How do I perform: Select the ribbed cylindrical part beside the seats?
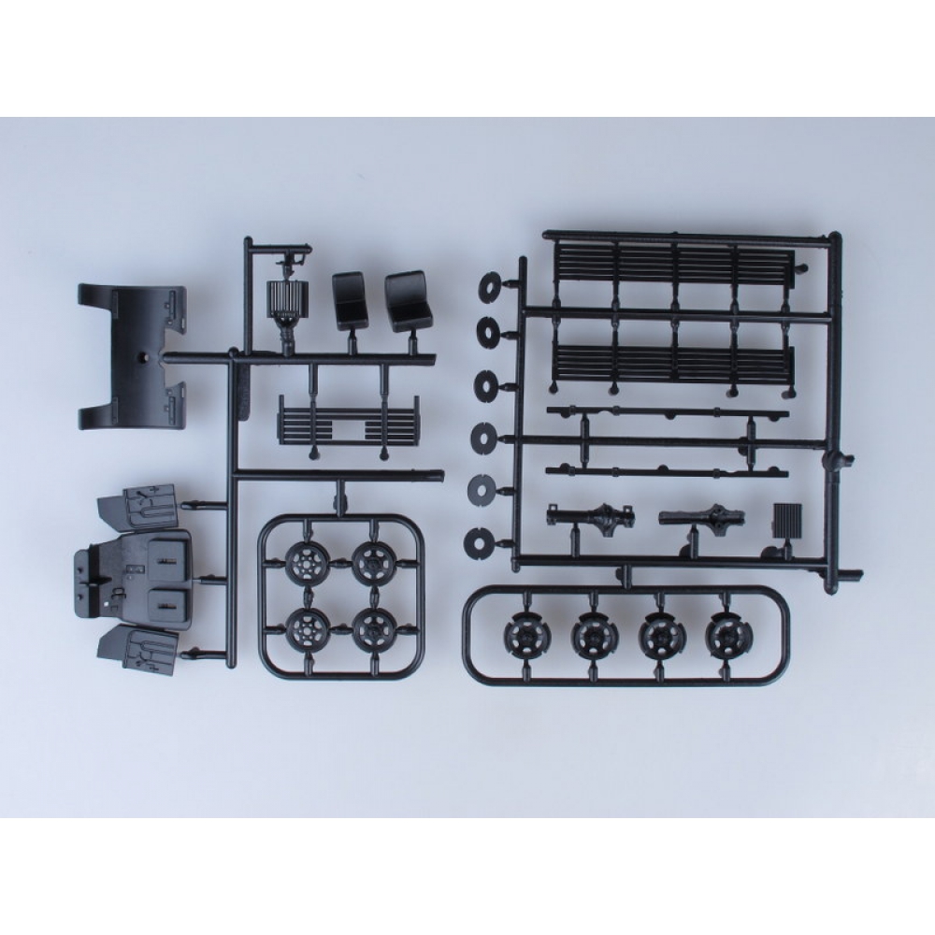[283, 298]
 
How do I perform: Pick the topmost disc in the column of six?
[487, 285]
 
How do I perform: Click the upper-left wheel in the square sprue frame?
[305, 562]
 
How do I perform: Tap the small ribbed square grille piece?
[788, 519]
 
